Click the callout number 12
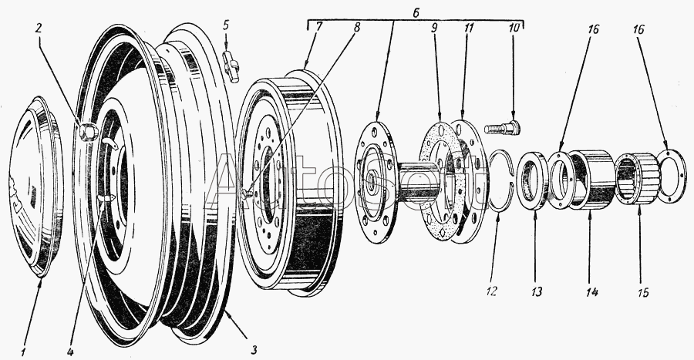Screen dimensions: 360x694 [493, 291]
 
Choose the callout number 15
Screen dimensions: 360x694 [642, 292]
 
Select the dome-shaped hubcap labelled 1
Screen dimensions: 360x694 [35, 193]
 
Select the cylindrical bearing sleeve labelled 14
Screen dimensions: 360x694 [591, 180]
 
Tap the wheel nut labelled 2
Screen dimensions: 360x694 [87, 133]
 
